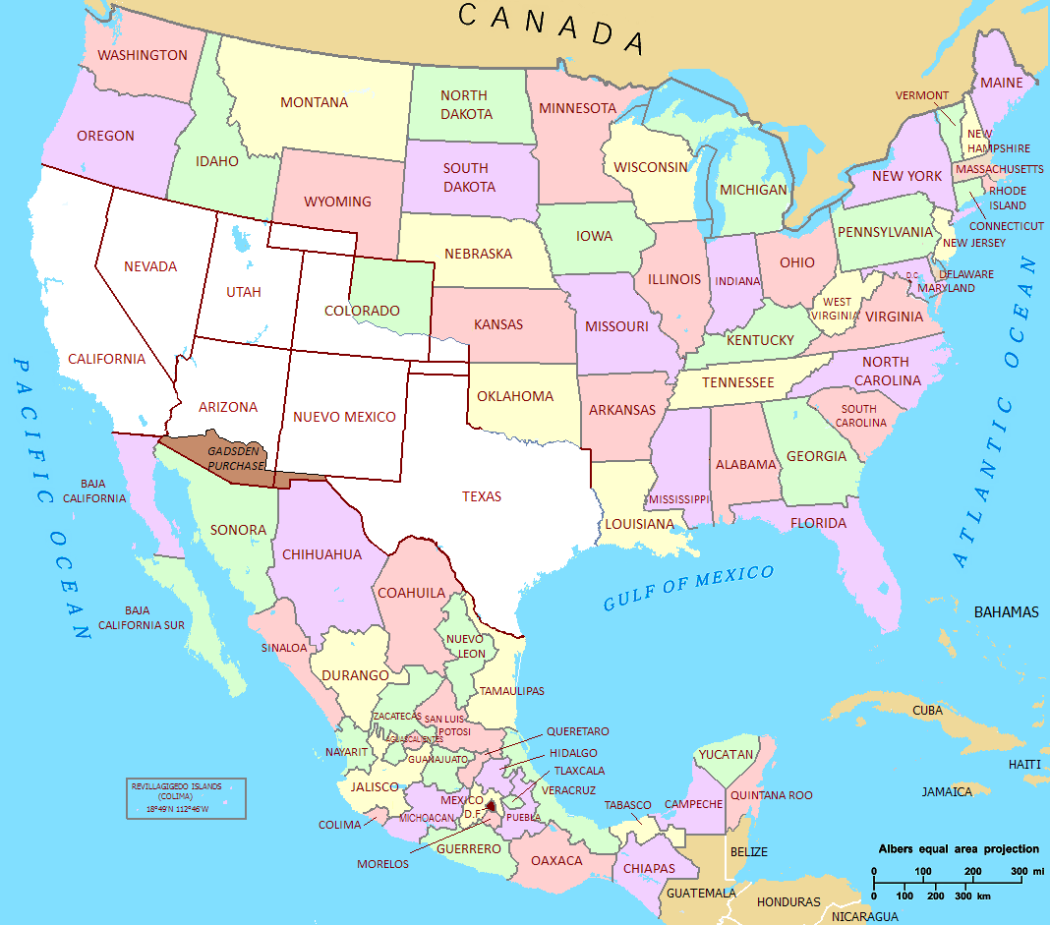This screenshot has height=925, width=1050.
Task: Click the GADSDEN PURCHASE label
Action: click(235, 457)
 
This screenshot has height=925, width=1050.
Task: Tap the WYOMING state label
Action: click(337, 202)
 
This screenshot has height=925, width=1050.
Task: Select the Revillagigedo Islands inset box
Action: click(185, 798)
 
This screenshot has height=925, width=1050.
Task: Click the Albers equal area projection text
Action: click(958, 849)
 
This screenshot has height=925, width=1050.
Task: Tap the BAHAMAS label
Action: click(1006, 612)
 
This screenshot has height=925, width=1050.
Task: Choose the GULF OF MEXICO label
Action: click(688, 587)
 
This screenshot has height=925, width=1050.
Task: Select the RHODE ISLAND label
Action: click(1008, 198)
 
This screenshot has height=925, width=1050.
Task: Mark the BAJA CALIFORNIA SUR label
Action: click(142, 617)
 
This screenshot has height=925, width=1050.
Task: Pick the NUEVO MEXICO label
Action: click(344, 417)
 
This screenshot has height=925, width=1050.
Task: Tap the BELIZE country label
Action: click(749, 851)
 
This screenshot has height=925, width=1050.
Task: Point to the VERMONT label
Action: click(922, 95)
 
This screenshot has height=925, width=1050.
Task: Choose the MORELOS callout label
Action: click(382, 864)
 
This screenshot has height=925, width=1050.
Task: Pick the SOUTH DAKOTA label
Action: click(469, 178)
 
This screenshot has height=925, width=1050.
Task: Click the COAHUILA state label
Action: click(411, 593)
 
